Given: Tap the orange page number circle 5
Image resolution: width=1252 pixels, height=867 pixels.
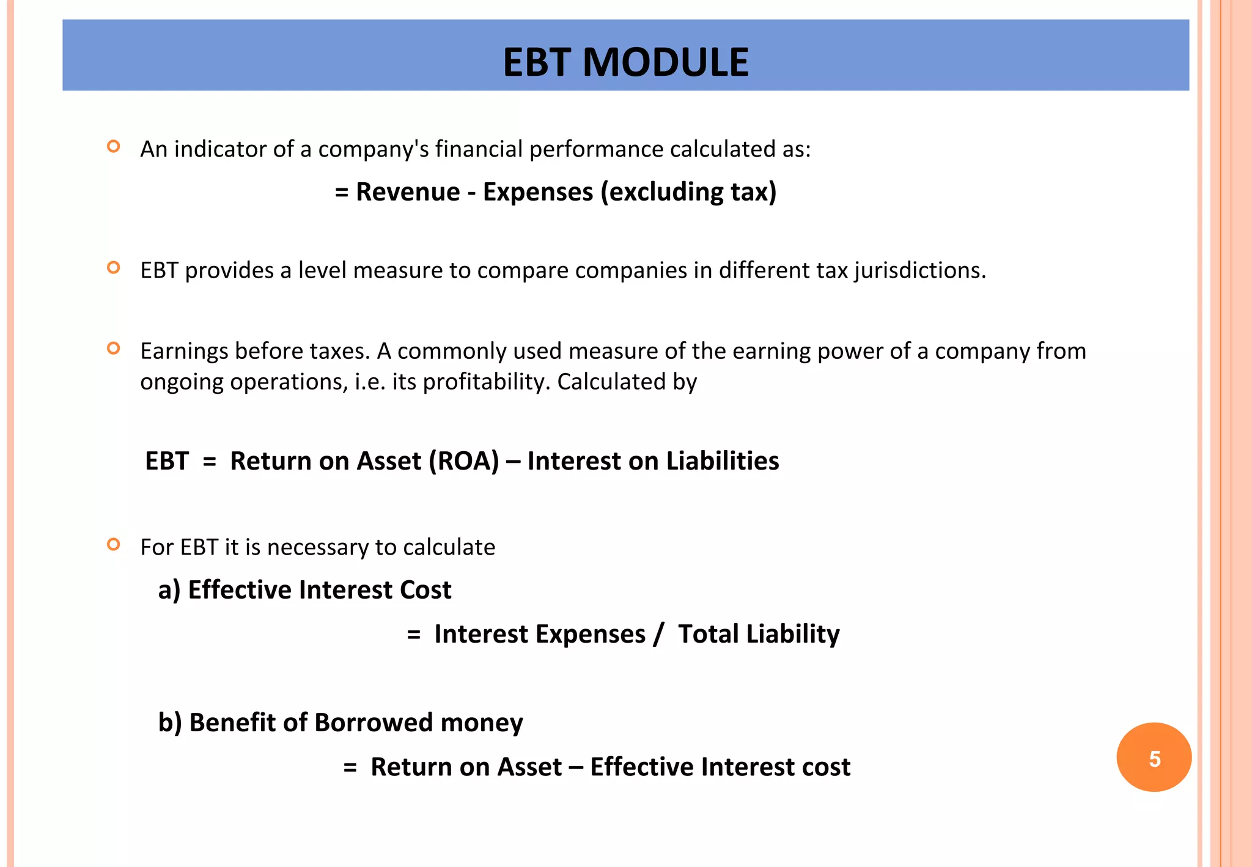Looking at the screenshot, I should coord(1154,758).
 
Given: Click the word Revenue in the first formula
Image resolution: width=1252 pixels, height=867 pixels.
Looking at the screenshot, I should coord(408,192).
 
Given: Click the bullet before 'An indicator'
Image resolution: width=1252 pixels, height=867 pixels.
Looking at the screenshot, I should coord(113,146).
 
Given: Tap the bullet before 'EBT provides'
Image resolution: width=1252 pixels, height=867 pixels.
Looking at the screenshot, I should coord(113,267).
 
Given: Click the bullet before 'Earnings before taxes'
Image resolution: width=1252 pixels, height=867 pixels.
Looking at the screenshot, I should coord(113,349).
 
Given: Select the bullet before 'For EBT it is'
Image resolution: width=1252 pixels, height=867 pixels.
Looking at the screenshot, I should coord(113,544).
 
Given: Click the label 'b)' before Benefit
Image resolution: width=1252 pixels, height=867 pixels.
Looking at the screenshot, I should coord(170,723).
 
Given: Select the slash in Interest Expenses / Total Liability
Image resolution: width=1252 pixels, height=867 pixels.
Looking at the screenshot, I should coord(658,634).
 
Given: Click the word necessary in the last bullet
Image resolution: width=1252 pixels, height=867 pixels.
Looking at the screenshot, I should coord(317,547).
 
